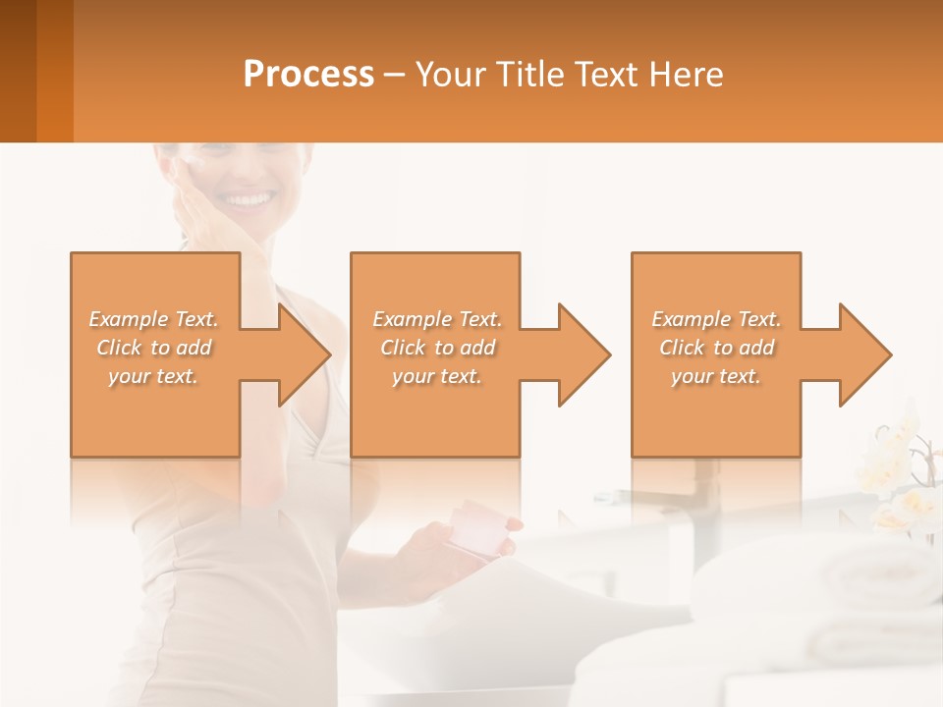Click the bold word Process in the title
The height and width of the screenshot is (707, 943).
click(308, 75)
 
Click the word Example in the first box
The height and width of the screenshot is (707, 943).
click(128, 319)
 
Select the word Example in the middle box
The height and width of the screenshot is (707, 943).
click(412, 319)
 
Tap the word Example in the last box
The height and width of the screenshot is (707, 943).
click(691, 319)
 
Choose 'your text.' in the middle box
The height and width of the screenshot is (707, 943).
click(436, 376)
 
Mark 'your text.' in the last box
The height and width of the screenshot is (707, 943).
click(715, 376)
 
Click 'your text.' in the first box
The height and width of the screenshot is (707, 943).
click(153, 376)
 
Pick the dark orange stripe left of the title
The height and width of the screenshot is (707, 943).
click(54, 71)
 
